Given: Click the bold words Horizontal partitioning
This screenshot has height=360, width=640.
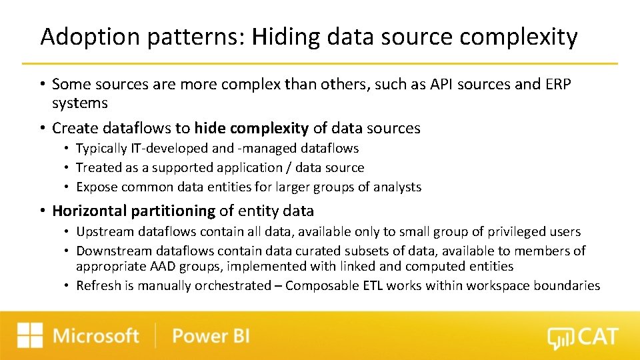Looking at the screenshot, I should click(133, 211).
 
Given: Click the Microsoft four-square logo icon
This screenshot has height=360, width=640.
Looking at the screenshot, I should click(30, 335).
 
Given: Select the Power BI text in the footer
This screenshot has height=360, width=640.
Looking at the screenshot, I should click(211, 335).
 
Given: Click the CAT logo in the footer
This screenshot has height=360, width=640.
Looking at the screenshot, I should click(583, 337).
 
